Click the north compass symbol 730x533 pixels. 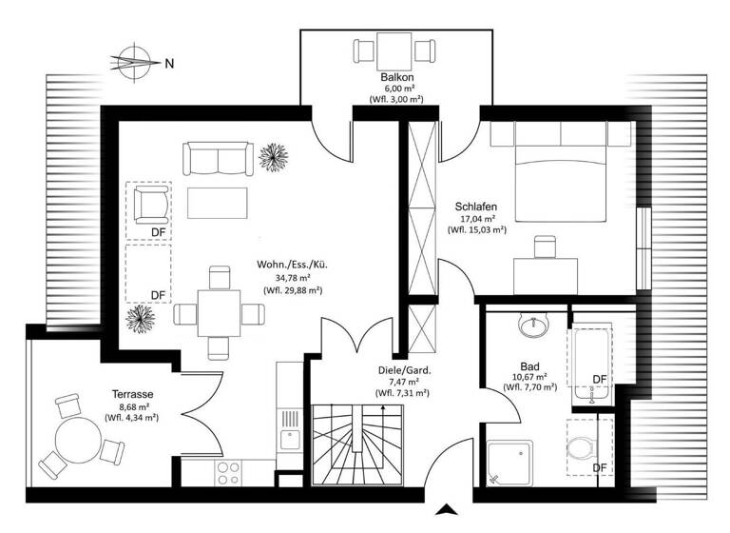coord(134,63)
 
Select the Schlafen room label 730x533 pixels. coord(477,206)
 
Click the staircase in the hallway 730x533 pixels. coord(357,444)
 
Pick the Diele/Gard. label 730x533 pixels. coord(404,370)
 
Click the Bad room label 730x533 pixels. coord(529,366)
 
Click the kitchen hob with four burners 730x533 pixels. coord(227,472)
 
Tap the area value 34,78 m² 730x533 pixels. coord(294,278)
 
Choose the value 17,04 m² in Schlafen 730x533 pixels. coord(477,218)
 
